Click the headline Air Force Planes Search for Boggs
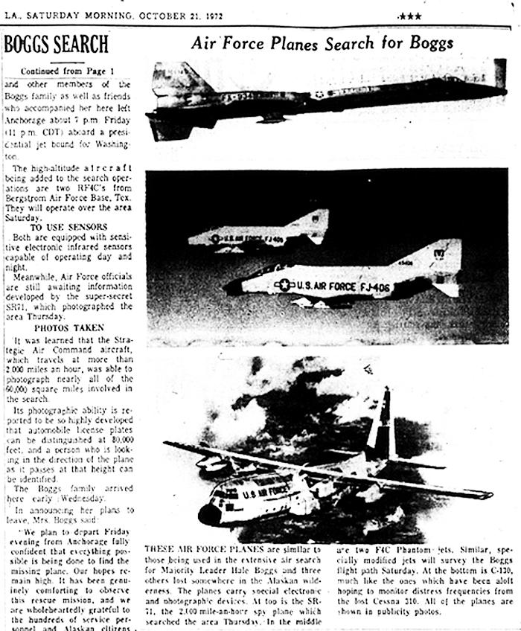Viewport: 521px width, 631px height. click(322, 42)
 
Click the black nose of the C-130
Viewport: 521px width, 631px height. click(209, 514)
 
